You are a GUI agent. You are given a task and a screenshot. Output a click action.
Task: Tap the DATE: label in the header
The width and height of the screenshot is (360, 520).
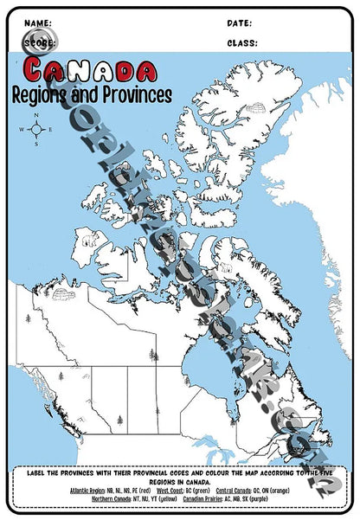240,22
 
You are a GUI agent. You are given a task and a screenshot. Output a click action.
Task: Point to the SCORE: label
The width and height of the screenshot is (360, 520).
39,42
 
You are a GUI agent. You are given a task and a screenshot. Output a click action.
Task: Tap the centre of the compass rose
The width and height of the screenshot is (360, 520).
36,131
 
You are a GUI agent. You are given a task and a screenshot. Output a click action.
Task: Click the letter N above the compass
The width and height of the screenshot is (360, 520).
36,116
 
